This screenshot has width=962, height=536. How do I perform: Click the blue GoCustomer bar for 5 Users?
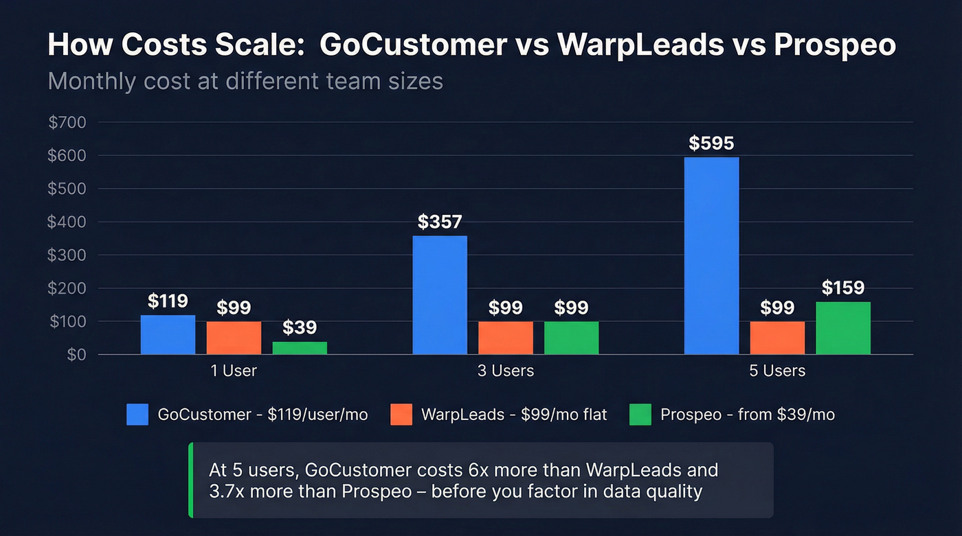[x=711, y=256]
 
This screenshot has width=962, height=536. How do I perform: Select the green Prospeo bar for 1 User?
[x=300, y=348]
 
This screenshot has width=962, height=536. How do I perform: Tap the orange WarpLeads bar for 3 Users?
[x=506, y=338]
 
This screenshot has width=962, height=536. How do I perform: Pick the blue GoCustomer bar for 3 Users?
[x=440, y=295]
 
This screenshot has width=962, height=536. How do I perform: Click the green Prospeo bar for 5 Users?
[x=843, y=328]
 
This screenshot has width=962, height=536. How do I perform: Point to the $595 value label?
[x=711, y=143]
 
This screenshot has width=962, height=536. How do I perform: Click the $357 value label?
[x=440, y=222]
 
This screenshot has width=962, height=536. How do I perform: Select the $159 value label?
[x=843, y=288]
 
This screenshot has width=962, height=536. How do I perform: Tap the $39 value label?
[x=300, y=327]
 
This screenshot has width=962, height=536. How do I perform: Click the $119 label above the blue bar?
[x=168, y=301]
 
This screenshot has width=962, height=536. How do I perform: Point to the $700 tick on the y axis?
[x=67, y=123]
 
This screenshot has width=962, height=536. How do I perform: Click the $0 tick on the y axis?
[x=76, y=355]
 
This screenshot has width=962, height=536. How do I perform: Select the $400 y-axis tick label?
[x=67, y=222]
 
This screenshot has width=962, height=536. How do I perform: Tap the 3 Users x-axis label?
[x=505, y=371]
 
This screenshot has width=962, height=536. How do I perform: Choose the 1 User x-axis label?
[x=234, y=371]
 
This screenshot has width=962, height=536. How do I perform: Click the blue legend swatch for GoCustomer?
[x=137, y=415]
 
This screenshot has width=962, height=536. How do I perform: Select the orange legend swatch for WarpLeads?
[x=401, y=415]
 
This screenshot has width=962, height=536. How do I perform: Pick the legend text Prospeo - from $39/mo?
[x=748, y=415]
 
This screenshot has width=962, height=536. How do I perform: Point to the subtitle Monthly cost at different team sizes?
[x=245, y=82]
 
